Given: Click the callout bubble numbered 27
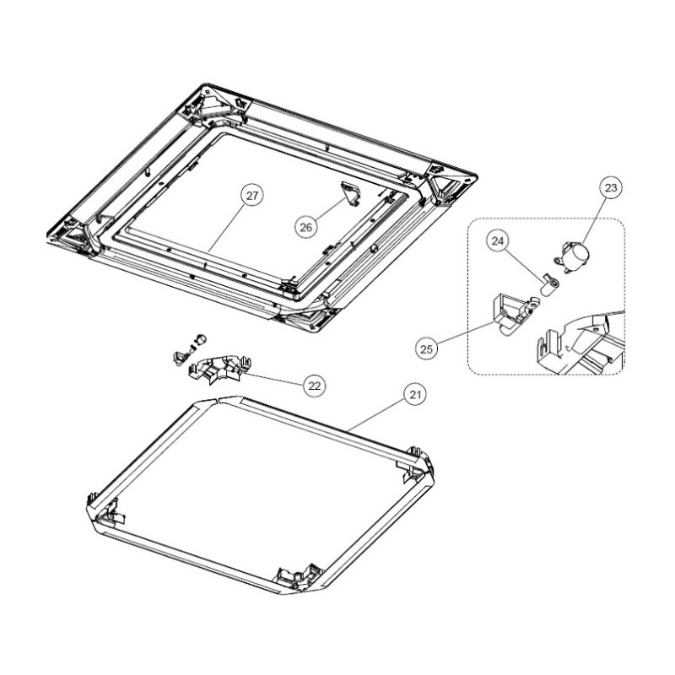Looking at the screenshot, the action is pyautogui.click(x=251, y=196).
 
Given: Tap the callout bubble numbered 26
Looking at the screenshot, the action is pyautogui.click(x=306, y=227).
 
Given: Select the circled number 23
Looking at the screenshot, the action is pyautogui.click(x=611, y=187).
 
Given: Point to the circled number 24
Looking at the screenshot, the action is pyautogui.click(x=498, y=241).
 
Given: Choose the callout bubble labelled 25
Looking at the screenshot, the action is pyautogui.click(x=426, y=348).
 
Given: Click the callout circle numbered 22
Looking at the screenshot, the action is pyautogui.click(x=315, y=386).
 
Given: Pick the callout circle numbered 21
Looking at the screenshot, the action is pyautogui.click(x=415, y=394).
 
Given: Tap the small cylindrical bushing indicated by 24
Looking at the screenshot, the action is pyautogui.click(x=548, y=286).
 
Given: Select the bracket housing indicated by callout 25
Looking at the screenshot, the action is pyautogui.click(x=515, y=312).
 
